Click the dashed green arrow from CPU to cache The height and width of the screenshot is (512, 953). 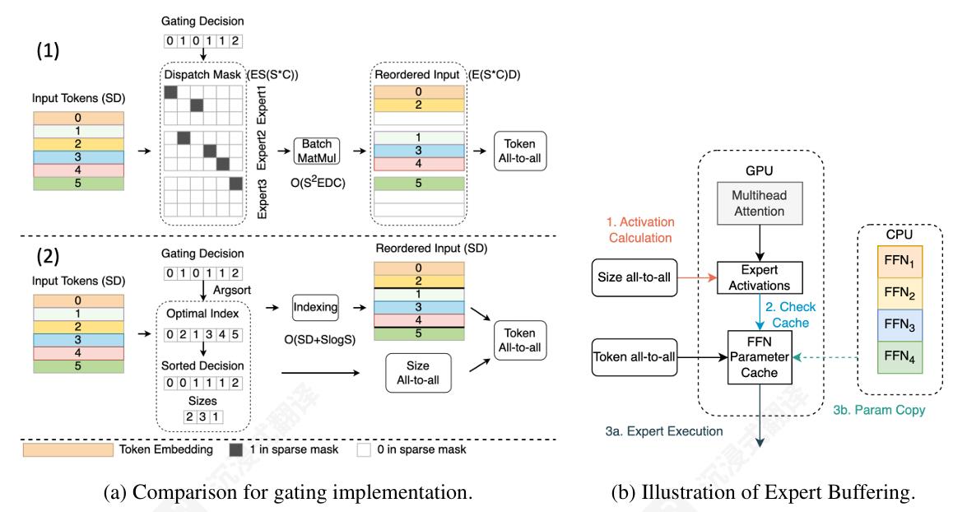(827, 357)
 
